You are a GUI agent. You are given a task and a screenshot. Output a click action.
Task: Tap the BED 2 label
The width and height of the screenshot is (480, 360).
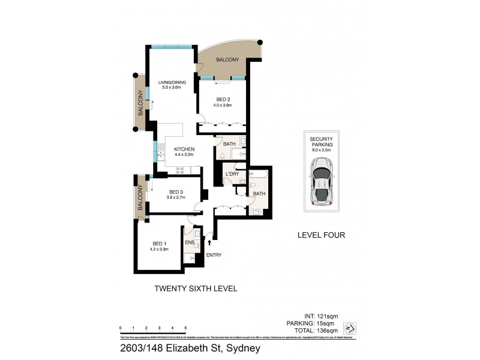coord(222,101)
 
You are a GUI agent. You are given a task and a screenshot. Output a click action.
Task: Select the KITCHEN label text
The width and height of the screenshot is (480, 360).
coord(184,150)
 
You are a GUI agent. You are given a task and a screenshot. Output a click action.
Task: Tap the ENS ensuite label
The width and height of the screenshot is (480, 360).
coord(190,243)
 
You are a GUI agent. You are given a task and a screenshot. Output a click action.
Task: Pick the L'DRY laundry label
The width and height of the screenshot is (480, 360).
coord(232,174)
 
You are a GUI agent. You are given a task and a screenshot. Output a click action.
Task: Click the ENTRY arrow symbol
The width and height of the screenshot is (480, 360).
coord(209,242)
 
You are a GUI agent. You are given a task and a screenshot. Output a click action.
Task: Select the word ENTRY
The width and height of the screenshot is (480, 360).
coord(214,255)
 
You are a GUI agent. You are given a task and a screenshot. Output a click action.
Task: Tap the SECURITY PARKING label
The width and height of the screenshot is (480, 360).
coord(321,142)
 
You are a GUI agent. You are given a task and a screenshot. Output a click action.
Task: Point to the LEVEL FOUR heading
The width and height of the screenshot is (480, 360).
coord(321,235)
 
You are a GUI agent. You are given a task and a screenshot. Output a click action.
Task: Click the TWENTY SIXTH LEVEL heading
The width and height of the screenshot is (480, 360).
coord(196,289)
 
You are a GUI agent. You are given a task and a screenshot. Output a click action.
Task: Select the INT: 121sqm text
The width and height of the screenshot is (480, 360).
coord(322,316)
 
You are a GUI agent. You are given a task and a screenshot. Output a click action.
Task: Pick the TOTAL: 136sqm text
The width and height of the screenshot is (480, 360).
coord(317,330)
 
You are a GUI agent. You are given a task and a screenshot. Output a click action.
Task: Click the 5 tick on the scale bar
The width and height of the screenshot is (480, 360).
coord(185,328)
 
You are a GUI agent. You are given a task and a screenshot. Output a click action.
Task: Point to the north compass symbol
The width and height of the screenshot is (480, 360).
coord(352,328)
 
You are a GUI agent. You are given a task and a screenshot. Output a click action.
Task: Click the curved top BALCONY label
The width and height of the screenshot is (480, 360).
coord(228,59)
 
